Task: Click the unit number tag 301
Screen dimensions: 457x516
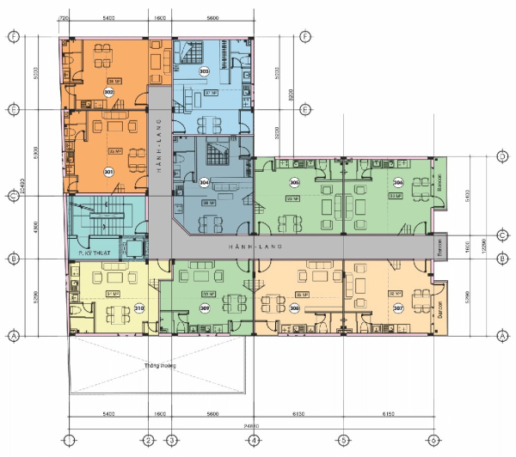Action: pos(108,171)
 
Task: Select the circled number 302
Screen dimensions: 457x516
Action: pos(108,92)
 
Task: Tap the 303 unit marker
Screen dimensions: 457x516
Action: pos(204,71)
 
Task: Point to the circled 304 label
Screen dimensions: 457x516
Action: pos(204,183)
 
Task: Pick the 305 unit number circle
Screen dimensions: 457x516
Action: pos(294,183)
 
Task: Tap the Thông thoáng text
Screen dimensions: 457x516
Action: pos(160,364)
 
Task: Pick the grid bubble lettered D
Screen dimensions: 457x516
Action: pos(501,157)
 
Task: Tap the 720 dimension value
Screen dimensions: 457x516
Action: pos(63,17)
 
